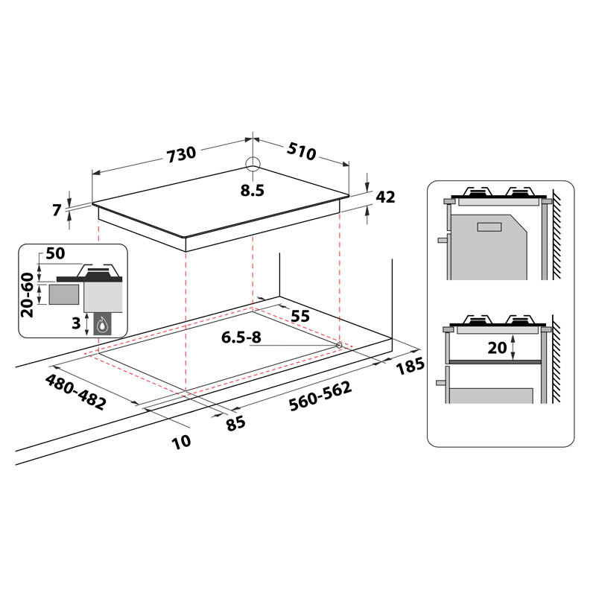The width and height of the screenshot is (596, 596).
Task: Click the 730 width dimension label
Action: pos(181,154)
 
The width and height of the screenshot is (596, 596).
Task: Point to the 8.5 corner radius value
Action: pos(253,190)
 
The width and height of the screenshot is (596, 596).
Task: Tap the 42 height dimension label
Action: pos(385,197)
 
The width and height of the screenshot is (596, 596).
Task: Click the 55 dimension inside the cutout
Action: pos(299,316)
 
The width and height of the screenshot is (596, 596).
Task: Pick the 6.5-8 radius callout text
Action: pos(241,337)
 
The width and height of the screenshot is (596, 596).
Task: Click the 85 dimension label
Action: pos(235,423)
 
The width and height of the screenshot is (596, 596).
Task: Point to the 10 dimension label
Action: pos(181,440)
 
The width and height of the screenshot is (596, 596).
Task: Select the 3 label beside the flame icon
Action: pos(74,323)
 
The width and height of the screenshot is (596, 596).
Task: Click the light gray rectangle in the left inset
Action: pos(64,294)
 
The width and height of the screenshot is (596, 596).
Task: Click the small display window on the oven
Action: pos(489,227)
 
